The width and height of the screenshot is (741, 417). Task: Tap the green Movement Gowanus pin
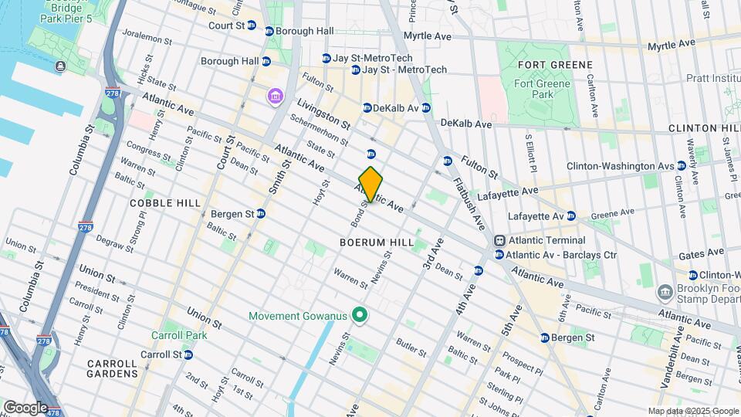click(x=358, y=315)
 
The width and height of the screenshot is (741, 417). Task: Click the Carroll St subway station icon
click(x=188, y=354)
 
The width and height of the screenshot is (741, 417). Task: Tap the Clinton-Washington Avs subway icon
click(x=682, y=166)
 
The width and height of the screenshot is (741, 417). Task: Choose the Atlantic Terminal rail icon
click(x=500, y=240)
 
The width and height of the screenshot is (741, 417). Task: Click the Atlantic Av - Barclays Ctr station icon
click(x=500, y=255)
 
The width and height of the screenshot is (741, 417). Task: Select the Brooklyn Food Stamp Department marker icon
click(x=665, y=293)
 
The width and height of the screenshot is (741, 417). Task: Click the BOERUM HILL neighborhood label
click(x=372, y=242)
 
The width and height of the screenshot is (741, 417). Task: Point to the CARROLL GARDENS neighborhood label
click(x=112, y=368)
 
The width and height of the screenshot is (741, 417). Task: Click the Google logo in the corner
click(x=25, y=408)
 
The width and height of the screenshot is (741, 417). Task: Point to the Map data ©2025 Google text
click(x=692, y=412)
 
